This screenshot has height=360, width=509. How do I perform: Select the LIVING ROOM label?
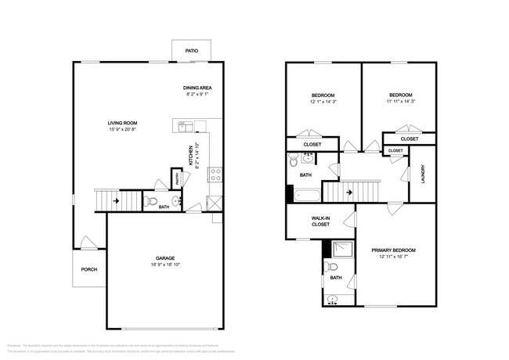(x=123, y=123)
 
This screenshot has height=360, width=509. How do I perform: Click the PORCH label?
(x=89, y=269)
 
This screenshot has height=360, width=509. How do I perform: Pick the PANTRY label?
(x=178, y=178)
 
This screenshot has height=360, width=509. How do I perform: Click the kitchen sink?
(x=186, y=124)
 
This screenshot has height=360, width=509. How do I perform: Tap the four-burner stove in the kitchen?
(x=215, y=175)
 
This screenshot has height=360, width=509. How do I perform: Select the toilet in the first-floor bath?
(x=152, y=200)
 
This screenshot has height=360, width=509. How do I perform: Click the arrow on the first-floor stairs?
(x=115, y=201)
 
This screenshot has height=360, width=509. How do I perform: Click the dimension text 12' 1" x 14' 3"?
(x=322, y=102)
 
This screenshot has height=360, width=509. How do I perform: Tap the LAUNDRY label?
(x=423, y=172)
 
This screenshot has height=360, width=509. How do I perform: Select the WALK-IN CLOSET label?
(x=320, y=221)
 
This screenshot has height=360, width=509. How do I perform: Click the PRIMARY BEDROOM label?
(x=393, y=250)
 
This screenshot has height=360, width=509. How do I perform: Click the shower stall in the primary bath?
(x=341, y=250)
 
